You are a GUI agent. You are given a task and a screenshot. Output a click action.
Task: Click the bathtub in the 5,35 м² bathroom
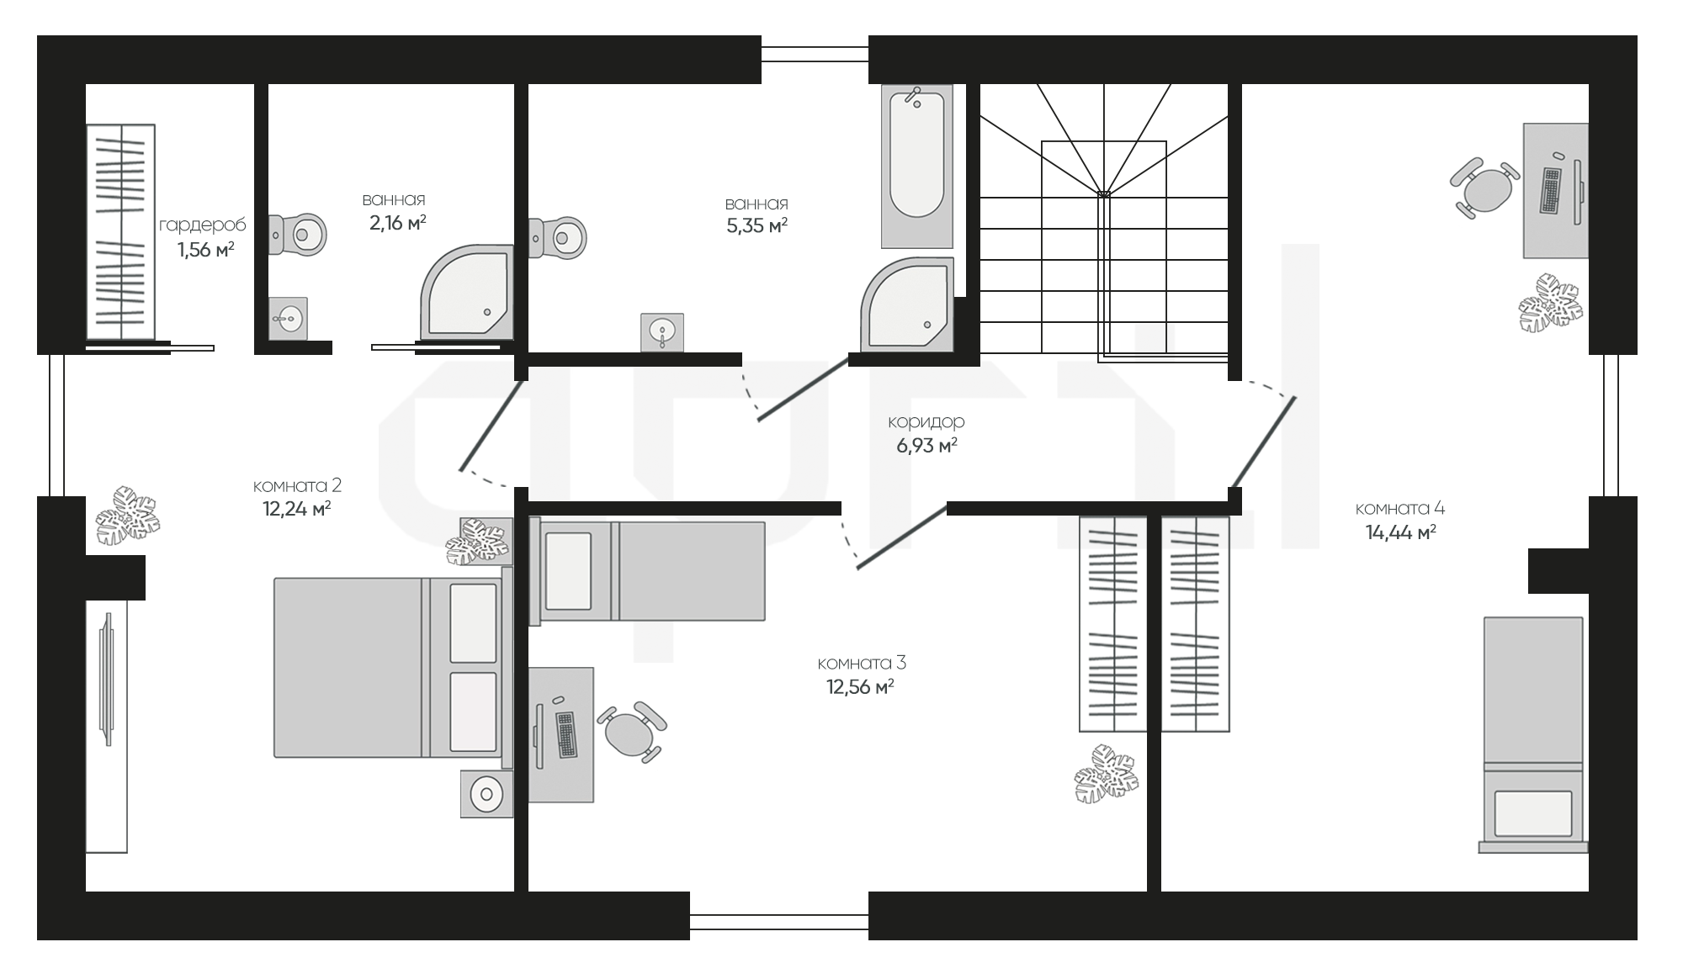tap(916, 166)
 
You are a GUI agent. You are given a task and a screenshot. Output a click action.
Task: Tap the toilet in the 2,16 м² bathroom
tap(298, 235)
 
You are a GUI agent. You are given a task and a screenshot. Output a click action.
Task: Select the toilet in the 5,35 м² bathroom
tap(557, 238)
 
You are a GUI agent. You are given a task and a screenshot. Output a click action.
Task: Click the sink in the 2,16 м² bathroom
tap(288, 318)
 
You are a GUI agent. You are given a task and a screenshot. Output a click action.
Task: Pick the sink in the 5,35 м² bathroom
tap(662, 332)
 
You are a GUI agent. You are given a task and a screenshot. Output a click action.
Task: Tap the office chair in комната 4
tap(1485, 188)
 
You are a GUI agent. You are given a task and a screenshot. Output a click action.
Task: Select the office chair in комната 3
tap(631, 732)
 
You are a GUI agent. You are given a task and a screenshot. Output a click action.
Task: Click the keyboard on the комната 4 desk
tap(1550, 190)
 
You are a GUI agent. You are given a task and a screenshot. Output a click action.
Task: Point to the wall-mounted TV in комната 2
tap(106, 679)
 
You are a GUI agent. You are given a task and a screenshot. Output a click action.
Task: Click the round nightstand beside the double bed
tap(486, 792)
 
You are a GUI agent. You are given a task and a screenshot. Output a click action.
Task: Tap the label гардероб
tap(203, 225)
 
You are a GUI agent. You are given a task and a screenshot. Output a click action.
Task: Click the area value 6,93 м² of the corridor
tap(926, 445)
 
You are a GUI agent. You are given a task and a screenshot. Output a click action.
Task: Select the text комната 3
tap(862, 664)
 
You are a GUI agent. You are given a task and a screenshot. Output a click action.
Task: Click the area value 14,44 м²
tap(1400, 532)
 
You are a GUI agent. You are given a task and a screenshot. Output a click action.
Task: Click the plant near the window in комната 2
tap(126, 515)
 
